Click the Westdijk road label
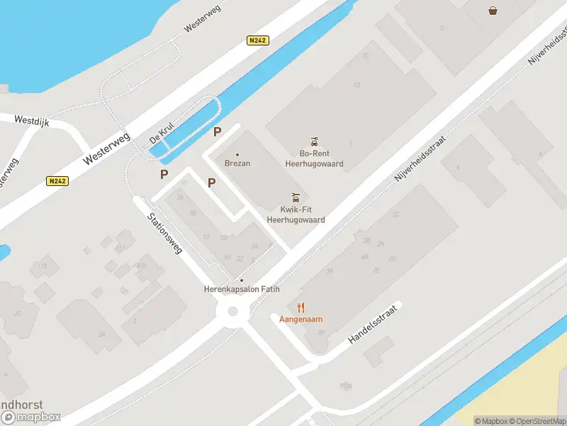pos(30,121)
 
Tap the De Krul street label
pos(162,133)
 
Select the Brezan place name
pos(237,163)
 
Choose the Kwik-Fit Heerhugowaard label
pos(296,214)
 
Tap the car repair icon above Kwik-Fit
pos(296,197)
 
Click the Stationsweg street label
pos(165,234)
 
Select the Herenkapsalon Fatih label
pos(242,289)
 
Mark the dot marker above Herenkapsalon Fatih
pos(242,280)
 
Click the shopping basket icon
pos(493,10)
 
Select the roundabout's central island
pos(232,311)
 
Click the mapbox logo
pos(31,417)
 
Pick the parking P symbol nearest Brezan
pos(217,131)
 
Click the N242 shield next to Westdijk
pos(58,181)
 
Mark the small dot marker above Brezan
pos(237,154)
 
